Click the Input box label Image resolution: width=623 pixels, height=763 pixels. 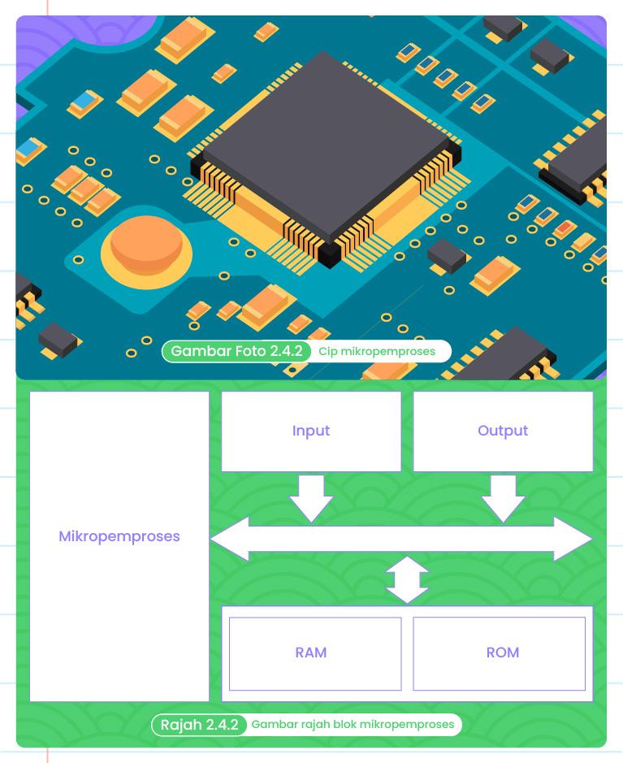311,431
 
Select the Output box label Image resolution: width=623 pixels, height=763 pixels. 503,431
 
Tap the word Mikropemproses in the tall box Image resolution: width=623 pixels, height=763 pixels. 119,536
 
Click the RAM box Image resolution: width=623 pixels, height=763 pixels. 311,652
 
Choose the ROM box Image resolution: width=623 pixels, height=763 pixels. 503,652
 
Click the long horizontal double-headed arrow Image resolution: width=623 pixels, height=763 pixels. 401,539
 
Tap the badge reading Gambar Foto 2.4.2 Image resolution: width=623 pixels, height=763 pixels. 236,351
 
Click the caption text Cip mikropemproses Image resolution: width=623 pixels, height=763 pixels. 377,352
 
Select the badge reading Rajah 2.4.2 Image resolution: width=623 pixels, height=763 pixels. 199,724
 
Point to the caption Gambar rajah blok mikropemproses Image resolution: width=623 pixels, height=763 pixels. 353,724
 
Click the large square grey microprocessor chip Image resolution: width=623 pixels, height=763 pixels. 324,146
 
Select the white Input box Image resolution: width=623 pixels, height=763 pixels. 311,452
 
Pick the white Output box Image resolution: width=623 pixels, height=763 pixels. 503,452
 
